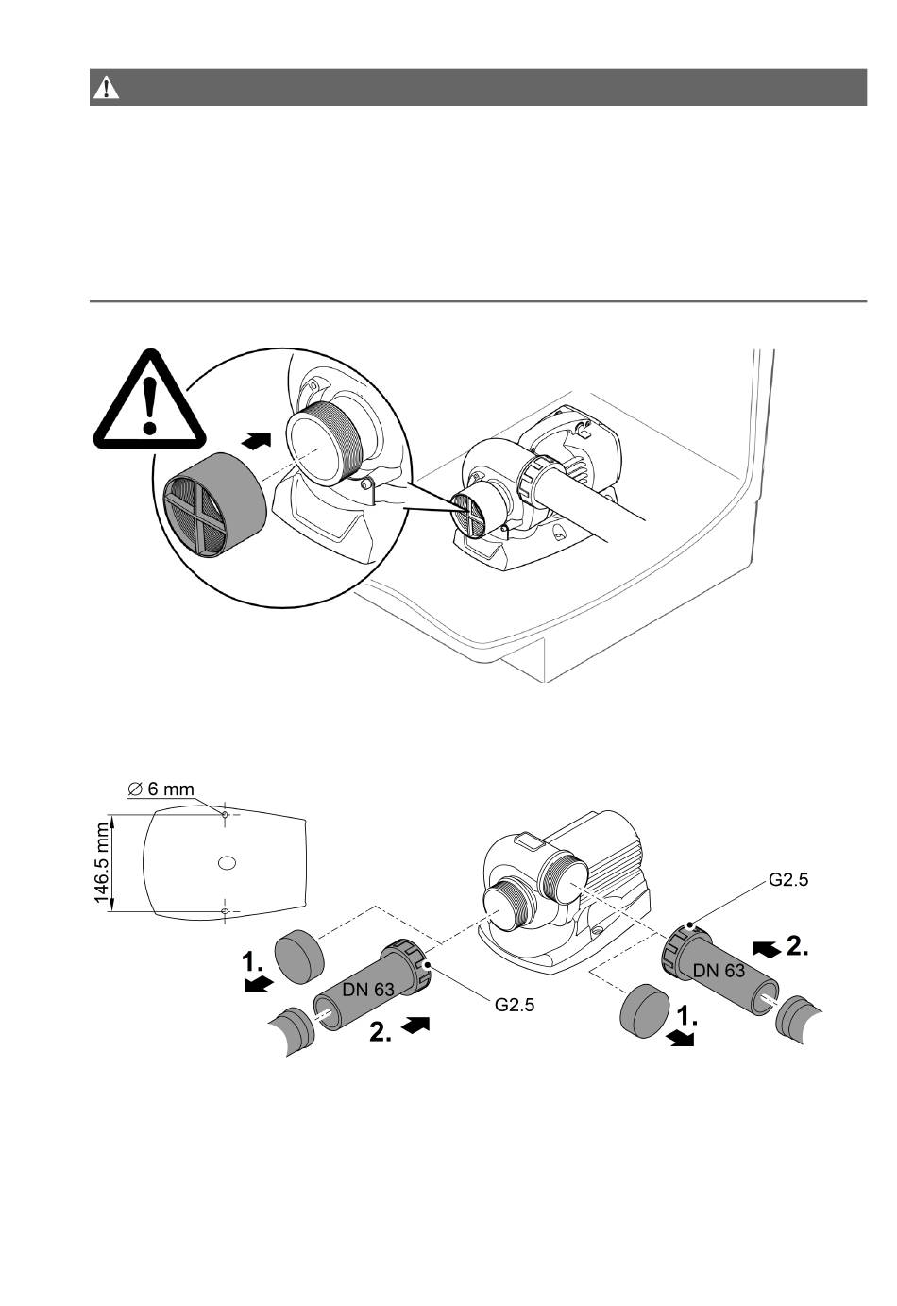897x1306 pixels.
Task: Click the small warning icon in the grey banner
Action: point(106,88)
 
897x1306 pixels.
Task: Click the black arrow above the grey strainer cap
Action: point(257,440)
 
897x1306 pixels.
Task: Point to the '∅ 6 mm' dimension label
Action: point(161,789)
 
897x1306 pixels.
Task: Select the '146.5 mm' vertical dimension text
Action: point(103,863)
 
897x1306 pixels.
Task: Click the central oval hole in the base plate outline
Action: point(227,862)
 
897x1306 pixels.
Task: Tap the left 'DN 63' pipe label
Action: point(368,989)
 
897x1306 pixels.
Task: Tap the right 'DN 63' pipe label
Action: point(719,970)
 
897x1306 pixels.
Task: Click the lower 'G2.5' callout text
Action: point(515,1005)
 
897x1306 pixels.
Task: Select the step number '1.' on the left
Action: point(252,962)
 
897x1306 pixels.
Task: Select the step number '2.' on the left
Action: point(381,1034)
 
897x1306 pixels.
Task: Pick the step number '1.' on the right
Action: point(687,1017)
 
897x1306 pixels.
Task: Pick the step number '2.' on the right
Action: point(797,946)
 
